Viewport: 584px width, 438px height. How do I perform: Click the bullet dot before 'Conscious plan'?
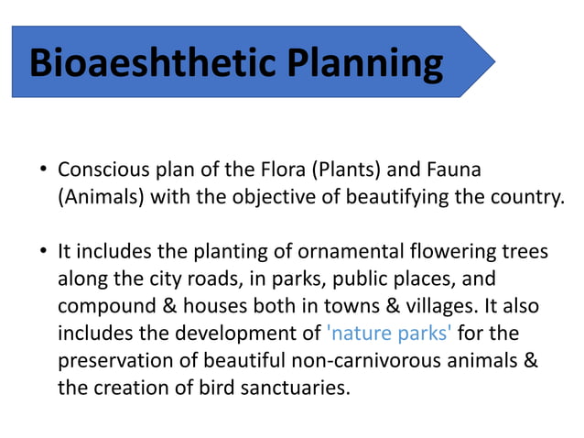(x=42, y=171)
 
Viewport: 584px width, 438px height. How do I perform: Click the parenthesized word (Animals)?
(x=98, y=198)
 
